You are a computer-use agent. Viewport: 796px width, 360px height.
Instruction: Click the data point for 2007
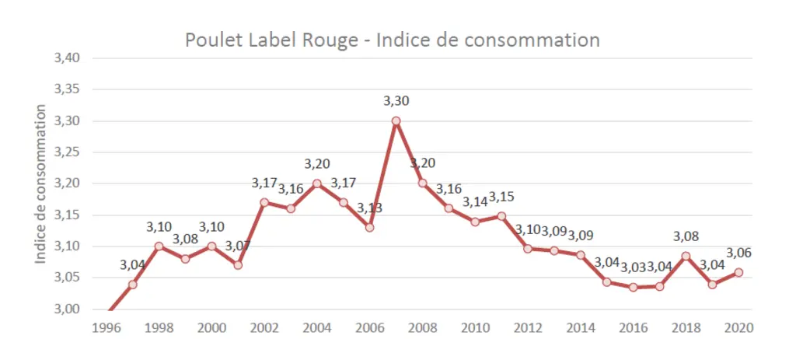(396, 121)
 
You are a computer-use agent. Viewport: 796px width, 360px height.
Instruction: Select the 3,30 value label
(396, 101)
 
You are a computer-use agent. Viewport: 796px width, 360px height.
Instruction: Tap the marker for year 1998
(159, 246)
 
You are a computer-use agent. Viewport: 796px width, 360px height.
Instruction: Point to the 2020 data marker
(738, 272)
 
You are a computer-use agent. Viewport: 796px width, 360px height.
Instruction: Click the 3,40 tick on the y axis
(67, 58)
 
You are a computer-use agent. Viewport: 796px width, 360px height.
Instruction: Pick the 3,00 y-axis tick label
(67, 309)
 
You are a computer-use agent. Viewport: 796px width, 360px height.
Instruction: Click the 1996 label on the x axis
(106, 327)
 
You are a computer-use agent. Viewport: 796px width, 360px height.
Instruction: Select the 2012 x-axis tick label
(528, 327)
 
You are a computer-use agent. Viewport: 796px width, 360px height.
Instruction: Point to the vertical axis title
(41, 183)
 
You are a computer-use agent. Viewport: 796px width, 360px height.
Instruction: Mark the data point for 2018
(686, 256)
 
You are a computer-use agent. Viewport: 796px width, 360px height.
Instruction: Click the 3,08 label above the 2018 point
(686, 236)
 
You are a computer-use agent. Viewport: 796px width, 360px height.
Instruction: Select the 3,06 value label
(738, 253)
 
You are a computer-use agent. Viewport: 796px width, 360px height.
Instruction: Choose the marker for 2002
(264, 202)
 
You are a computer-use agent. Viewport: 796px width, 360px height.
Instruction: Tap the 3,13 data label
(369, 208)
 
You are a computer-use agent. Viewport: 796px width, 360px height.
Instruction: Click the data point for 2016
(633, 288)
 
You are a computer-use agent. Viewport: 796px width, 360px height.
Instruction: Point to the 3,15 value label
(501, 196)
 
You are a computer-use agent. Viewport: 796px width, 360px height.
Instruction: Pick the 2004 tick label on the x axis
(317, 327)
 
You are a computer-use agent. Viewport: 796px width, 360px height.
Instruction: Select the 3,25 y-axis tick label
(67, 152)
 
